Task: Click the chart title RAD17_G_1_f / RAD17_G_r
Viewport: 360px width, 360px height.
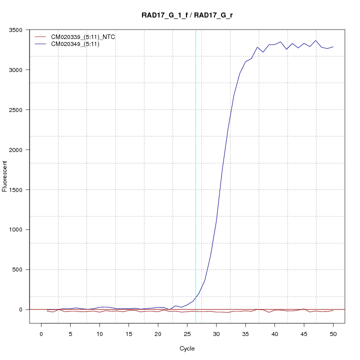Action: pyautogui.click(x=187, y=15)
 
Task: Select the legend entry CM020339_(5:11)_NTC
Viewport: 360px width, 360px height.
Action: pyautogui.click(x=79, y=37)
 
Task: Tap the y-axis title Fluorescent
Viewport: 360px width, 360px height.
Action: pyautogui.click(x=5, y=176)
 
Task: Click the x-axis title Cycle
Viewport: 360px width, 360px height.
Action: pyautogui.click(x=187, y=348)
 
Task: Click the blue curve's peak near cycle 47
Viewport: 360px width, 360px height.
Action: pyautogui.click(x=315, y=40)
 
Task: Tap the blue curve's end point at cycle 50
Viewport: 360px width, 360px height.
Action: pyautogui.click(x=333, y=46)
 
